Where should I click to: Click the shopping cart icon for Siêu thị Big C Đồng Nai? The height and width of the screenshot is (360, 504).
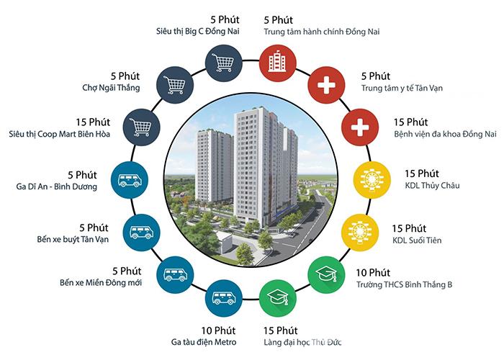click(224, 63)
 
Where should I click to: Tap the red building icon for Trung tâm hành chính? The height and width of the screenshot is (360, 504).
click(278, 63)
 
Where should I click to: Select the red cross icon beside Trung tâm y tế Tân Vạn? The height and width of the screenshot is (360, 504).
click(327, 85)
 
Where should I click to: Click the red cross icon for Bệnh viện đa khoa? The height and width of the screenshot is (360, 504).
click(360, 127)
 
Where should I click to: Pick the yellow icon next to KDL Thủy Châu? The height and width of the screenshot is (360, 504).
click(372, 180)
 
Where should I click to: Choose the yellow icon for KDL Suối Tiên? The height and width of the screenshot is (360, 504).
click(360, 233)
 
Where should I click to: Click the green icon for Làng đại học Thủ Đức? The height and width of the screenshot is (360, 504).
click(278, 298)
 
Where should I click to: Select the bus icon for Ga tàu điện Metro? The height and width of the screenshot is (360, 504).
click(224, 298)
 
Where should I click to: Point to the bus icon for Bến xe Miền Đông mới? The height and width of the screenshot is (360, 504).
click(175, 275)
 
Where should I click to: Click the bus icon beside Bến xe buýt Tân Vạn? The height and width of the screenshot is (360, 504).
click(141, 233)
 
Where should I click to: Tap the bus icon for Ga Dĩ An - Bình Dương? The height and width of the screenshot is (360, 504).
click(130, 180)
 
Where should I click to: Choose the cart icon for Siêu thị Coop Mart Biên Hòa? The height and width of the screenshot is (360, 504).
click(141, 127)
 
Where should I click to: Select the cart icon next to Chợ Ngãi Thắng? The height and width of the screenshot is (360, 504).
click(175, 85)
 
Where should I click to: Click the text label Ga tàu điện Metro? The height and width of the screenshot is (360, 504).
click(204, 342)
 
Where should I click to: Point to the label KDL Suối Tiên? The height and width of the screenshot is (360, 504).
click(417, 240)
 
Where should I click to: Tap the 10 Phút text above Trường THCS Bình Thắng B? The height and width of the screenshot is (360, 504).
click(373, 273)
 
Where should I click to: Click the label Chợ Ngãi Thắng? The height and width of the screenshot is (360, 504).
click(111, 88)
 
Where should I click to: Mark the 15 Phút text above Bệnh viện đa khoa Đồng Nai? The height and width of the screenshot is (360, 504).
click(411, 122)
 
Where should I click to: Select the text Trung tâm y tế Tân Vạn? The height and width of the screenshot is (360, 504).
click(402, 88)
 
